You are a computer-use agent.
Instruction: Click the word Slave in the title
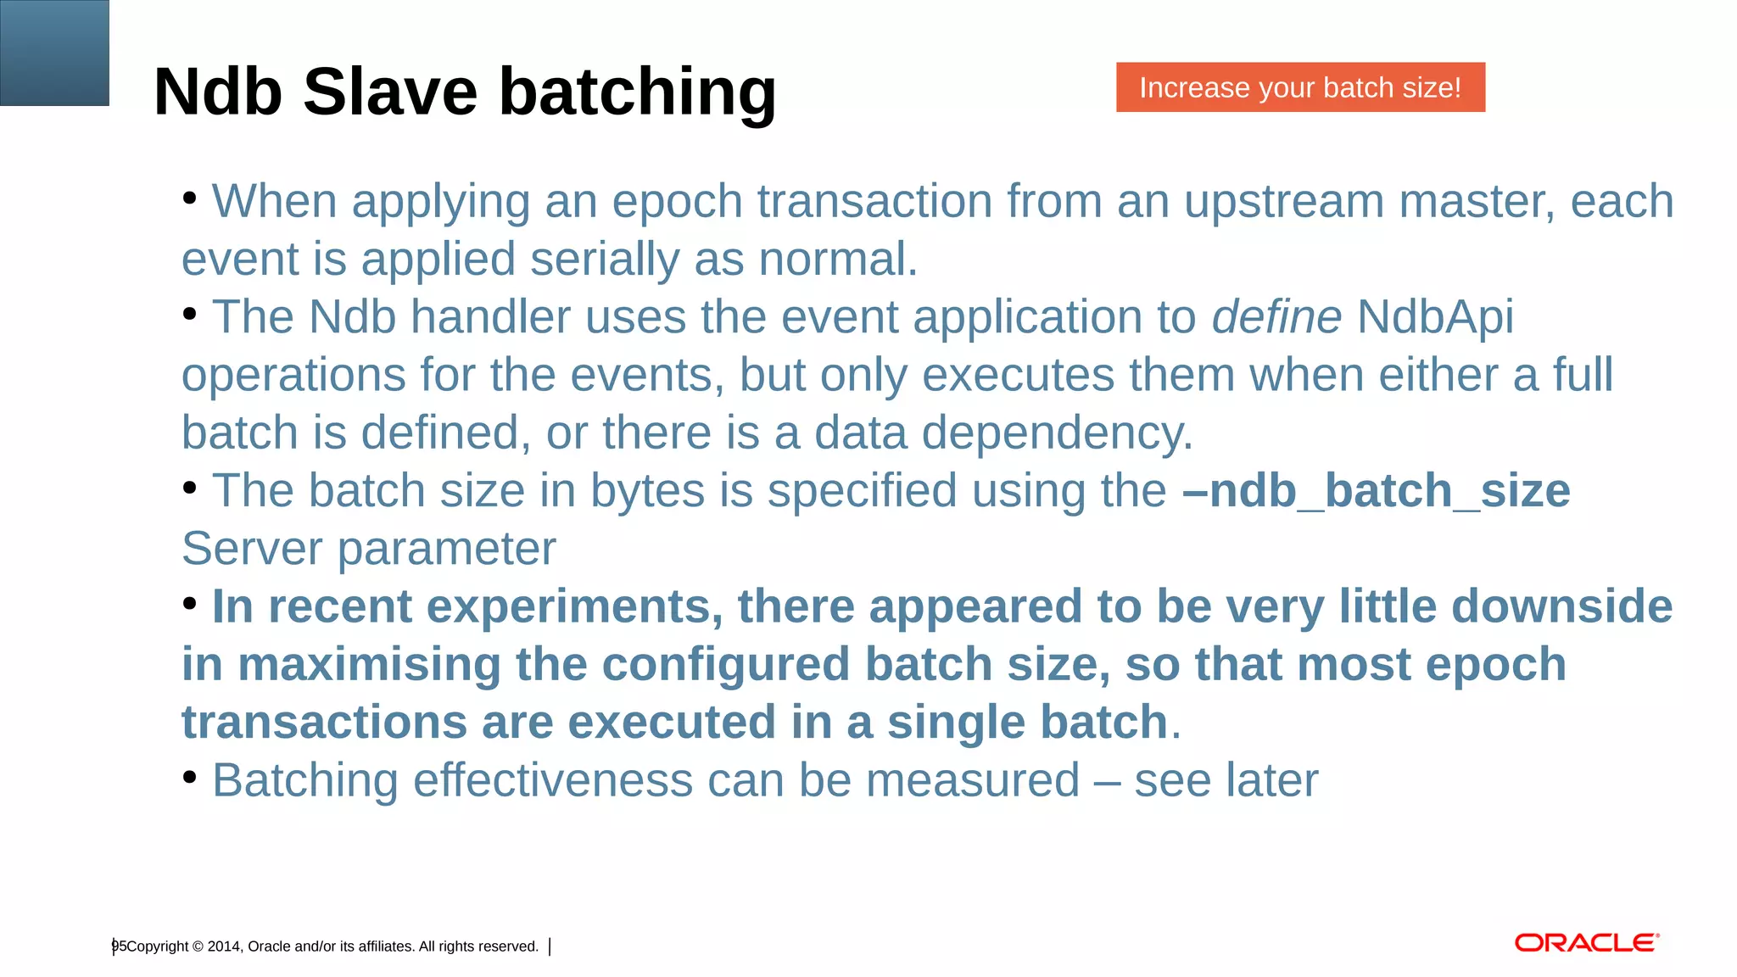390,92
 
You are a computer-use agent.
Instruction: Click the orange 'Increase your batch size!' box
1299,87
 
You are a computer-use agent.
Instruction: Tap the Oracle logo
1586,943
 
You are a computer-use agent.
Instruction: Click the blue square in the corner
54,53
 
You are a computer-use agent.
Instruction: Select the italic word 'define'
1276,317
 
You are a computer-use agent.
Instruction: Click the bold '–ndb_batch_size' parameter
1376,491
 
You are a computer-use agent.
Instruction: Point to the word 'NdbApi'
1435,317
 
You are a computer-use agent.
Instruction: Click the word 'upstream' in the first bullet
1283,202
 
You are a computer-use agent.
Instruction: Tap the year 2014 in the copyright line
224,946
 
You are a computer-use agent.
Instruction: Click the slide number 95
119,946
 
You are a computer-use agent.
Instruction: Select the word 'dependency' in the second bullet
1056,433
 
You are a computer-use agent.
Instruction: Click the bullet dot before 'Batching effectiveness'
190,776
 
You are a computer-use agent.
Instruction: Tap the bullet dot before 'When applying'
190,198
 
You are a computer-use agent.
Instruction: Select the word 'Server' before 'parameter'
252,549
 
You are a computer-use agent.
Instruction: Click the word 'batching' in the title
637,92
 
